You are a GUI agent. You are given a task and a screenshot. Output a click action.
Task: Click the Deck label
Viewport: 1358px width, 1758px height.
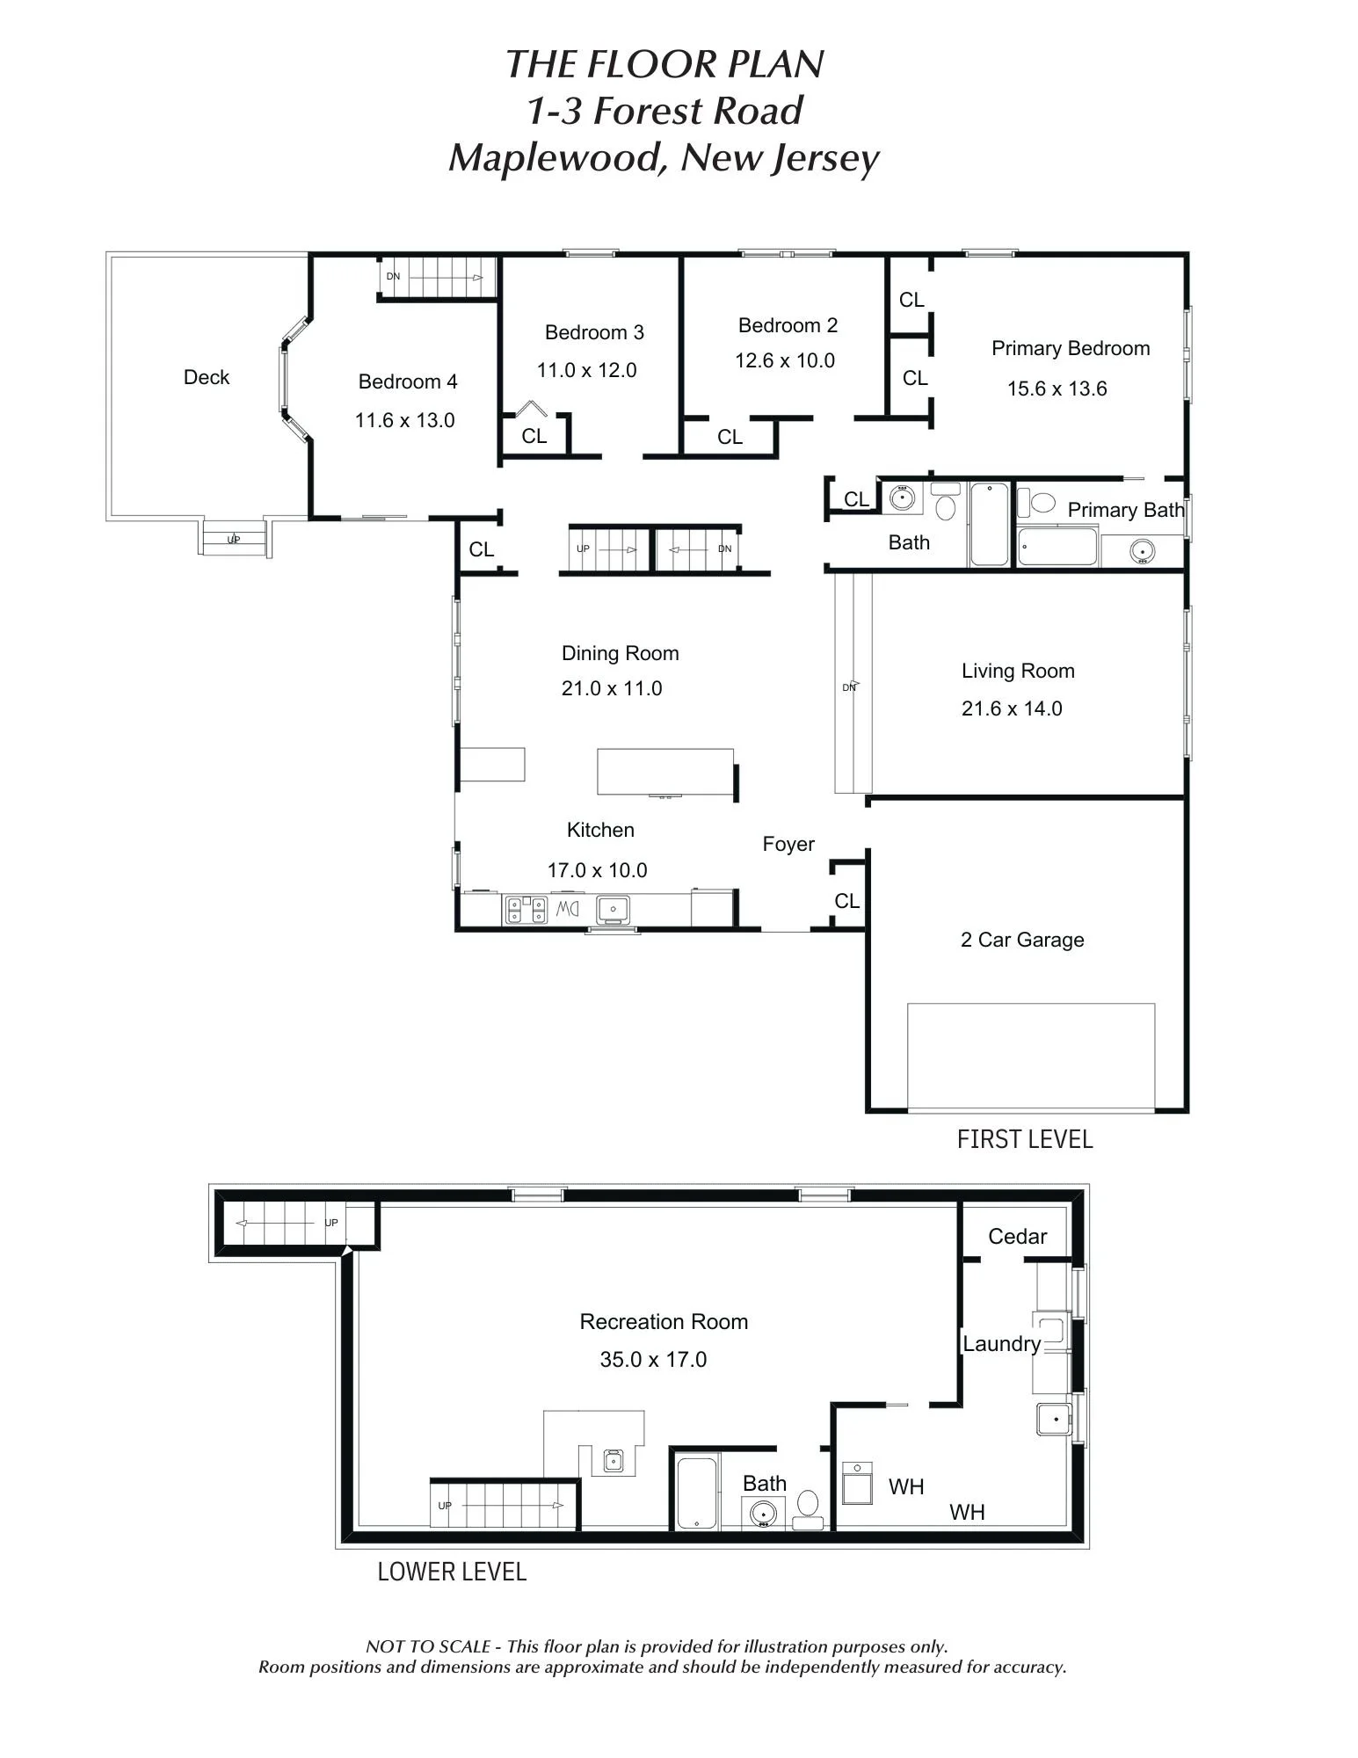[207, 377]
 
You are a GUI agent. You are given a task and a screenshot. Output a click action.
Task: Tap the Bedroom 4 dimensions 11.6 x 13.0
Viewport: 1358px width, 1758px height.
[405, 420]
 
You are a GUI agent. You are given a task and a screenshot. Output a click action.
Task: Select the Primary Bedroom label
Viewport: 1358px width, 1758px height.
[1071, 348]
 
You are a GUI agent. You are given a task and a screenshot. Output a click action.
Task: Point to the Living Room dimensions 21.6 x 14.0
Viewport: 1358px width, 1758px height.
[1012, 708]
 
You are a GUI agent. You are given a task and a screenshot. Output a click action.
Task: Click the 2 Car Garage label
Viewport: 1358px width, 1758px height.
[1022, 940]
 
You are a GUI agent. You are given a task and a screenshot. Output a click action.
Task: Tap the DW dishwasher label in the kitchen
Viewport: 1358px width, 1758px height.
[567, 909]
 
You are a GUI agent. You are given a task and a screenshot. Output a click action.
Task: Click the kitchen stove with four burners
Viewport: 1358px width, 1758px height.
[526, 910]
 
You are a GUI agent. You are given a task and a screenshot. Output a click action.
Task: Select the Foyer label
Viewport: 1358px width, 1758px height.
[788, 844]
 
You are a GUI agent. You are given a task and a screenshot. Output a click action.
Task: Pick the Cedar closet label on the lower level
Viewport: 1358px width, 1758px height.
[1018, 1237]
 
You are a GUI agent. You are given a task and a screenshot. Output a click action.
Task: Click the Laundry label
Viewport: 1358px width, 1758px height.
[1002, 1344]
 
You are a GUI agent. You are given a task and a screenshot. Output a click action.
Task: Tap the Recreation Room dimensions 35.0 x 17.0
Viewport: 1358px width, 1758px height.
[653, 1360]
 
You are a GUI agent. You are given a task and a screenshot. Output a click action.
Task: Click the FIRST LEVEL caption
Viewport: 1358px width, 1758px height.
[1025, 1139]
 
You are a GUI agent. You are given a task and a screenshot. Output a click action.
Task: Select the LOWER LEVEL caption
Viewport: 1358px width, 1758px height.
[452, 1572]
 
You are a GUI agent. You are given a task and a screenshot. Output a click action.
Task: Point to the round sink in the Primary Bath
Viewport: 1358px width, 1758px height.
[1142, 552]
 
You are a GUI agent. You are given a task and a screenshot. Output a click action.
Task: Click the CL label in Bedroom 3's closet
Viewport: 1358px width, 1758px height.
[534, 436]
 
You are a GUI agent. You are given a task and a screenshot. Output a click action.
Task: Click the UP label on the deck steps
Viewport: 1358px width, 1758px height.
[234, 540]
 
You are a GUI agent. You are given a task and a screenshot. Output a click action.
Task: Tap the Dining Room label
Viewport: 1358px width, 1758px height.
[621, 653]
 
